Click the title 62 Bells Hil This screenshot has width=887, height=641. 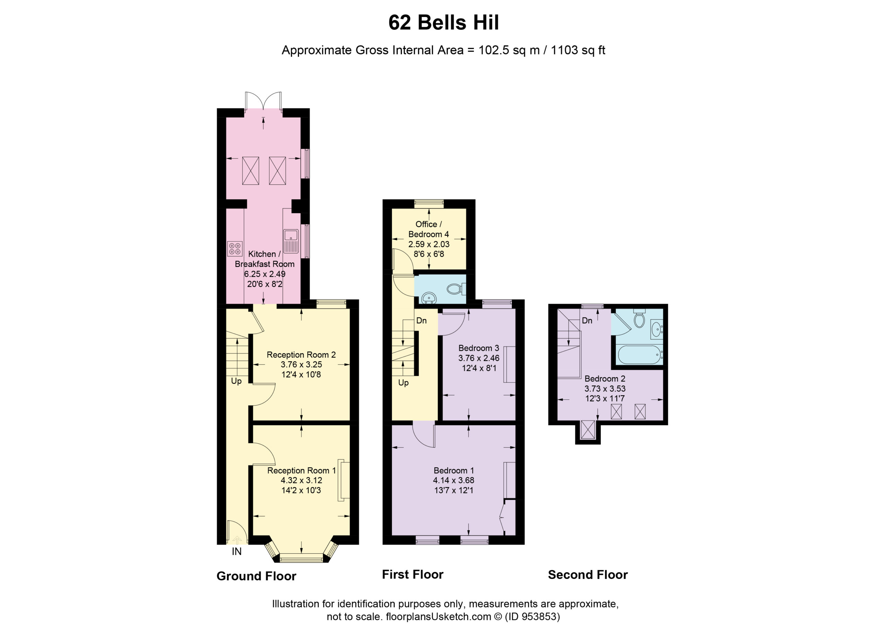[x=443, y=23]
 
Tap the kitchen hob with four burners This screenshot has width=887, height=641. [x=235, y=248]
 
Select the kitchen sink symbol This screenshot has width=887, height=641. [x=291, y=240]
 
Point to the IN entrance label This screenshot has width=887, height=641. [x=237, y=552]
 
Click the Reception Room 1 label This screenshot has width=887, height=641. [x=301, y=471]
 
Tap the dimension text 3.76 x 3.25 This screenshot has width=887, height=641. [x=301, y=365]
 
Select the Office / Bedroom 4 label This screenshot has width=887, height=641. [x=428, y=229]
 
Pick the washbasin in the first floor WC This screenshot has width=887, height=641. [x=429, y=298]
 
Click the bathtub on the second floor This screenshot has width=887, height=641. [x=639, y=355]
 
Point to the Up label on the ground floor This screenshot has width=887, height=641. [x=236, y=381]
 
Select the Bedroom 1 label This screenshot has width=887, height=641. [x=454, y=471]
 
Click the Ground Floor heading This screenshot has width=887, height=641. [x=256, y=576]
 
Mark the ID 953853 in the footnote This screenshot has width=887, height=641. [x=532, y=617]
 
